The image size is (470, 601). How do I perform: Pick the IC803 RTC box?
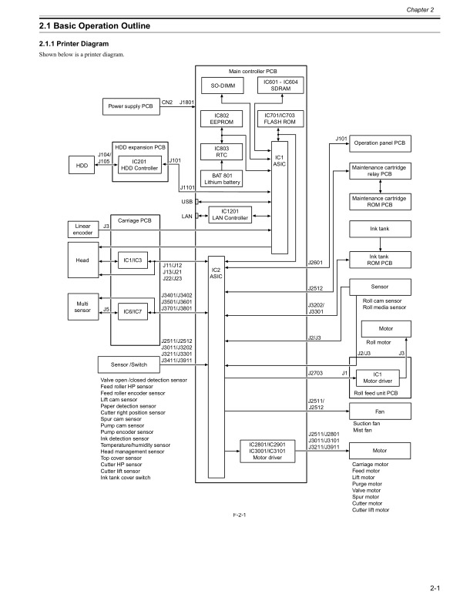click(x=223, y=152)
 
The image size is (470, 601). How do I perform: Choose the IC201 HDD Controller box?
click(x=139, y=166)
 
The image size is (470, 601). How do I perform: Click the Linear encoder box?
click(x=82, y=229)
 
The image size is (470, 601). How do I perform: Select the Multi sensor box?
click(x=82, y=308)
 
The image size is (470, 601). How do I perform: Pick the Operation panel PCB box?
click(x=379, y=144)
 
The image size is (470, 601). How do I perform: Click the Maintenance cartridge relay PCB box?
click(x=379, y=171)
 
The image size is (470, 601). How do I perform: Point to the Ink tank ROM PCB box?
click(x=379, y=260)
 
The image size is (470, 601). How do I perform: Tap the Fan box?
click(x=379, y=411)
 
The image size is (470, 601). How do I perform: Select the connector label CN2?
click(x=166, y=101)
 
